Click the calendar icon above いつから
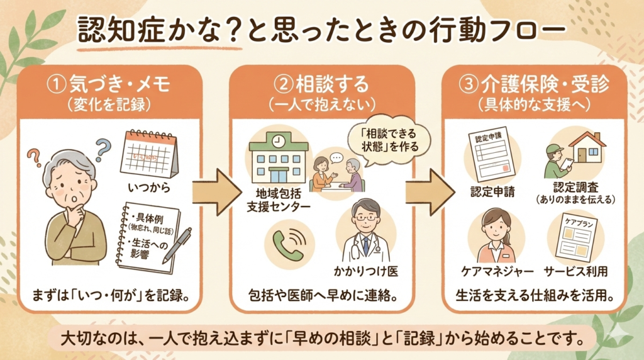[150, 154]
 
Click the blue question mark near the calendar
[102, 149]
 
